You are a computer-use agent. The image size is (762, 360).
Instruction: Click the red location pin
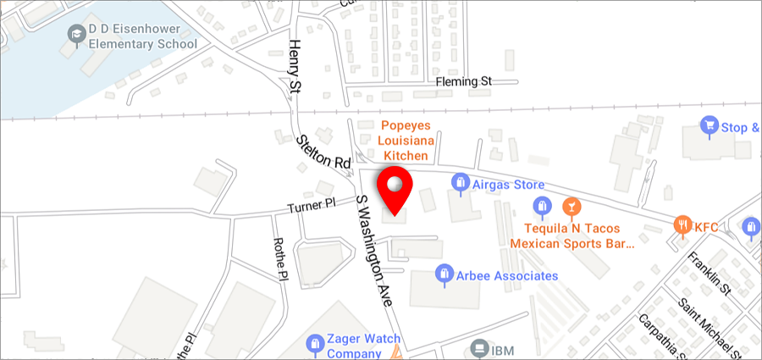click(394, 188)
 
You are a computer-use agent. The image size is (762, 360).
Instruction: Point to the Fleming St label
click(463, 82)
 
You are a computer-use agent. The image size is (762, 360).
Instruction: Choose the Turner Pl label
click(312, 206)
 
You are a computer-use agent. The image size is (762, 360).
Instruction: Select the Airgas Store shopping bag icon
click(461, 181)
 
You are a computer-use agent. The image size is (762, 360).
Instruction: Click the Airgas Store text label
click(508, 185)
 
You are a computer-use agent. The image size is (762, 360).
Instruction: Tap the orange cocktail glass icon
click(571, 206)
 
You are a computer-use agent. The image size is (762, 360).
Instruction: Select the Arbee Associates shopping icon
click(442, 273)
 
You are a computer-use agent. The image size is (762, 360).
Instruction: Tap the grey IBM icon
click(478, 348)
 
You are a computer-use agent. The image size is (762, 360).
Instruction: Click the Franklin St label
click(710, 270)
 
